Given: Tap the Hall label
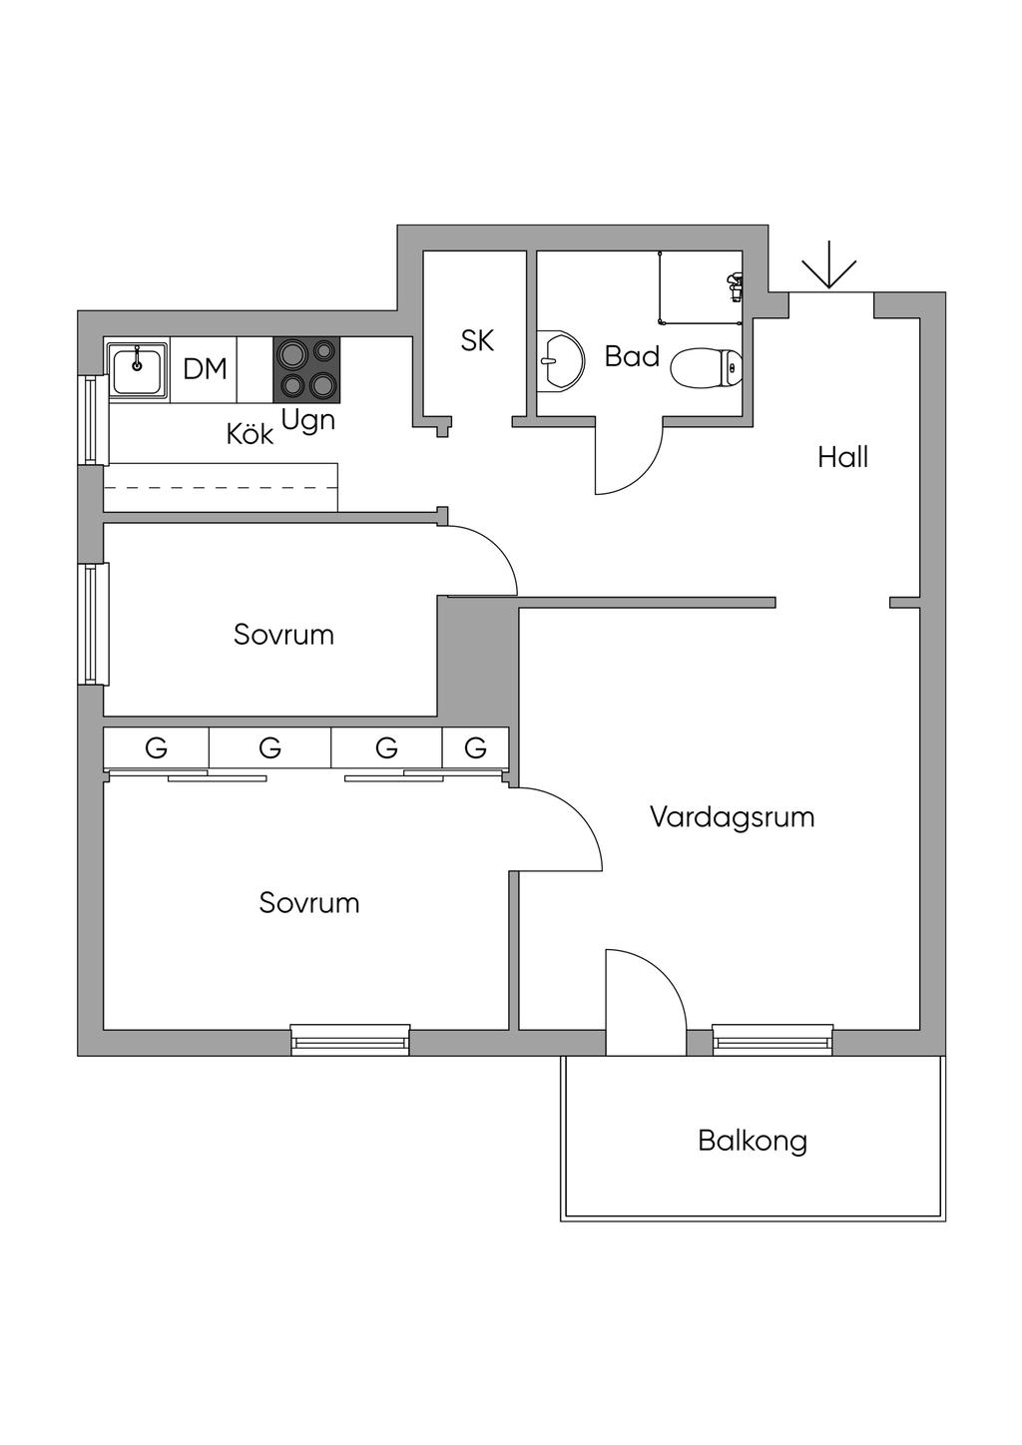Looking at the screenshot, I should click(842, 457).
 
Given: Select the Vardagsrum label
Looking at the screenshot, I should click(732, 816).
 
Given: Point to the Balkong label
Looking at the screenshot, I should click(753, 1140).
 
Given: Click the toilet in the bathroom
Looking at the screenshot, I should click(706, 368).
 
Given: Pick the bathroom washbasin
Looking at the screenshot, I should click(562, 361).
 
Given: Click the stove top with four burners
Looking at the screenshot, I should click(306, 369).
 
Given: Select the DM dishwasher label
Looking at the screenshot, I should click(205, 369).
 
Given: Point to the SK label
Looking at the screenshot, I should click(477, 340).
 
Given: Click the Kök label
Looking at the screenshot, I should click(250, 434).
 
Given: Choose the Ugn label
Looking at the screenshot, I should click(307, 420).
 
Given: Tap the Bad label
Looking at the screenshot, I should click(632, 356).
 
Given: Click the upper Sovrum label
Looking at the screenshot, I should click(283, 635).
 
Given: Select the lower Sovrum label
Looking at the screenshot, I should click(308, 903).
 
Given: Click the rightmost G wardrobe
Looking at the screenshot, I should click(476, 747).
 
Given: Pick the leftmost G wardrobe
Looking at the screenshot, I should click(156, 747).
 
